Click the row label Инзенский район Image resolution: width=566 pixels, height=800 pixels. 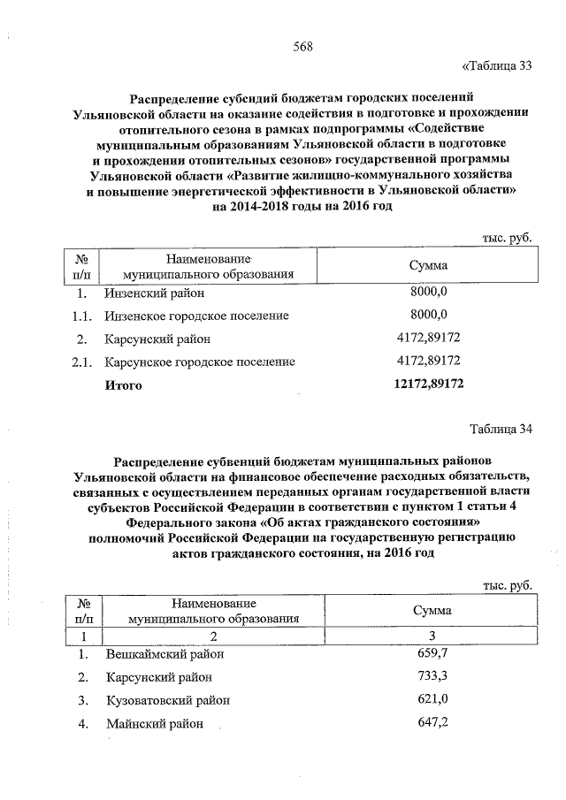point(153,293)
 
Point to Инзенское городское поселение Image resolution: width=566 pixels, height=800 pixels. point(196,315)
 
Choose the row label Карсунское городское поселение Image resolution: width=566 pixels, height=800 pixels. point(199,362)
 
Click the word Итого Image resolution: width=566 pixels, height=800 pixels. point(123,385)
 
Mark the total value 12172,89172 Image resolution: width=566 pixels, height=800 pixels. point(428,385)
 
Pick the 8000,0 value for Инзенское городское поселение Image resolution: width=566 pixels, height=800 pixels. point(431,315)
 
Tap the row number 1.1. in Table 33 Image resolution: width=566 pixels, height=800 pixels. point(81,315)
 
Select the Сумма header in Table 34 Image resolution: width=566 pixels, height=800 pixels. point(432,611)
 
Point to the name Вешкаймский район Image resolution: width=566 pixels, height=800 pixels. point(165,654)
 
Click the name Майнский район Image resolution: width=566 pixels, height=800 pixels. point(155,724)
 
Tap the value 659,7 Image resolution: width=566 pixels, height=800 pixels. point(432,654)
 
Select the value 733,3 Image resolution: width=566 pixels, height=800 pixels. point(432,677)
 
